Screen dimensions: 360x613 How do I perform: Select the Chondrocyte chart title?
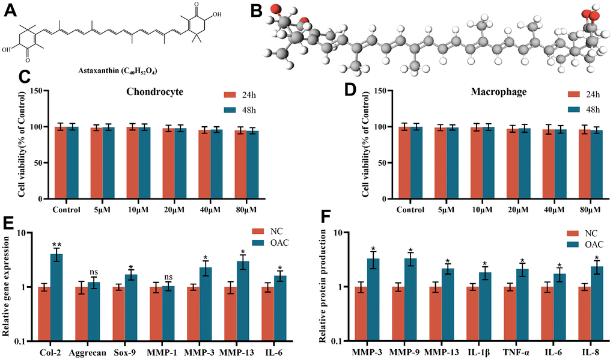tap(155, 93)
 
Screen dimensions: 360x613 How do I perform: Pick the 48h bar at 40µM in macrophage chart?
tap(561, 164)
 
